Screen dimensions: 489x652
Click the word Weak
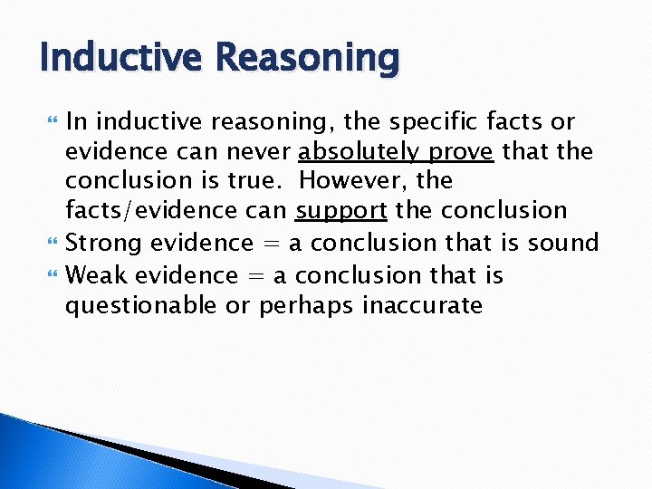(95, 274)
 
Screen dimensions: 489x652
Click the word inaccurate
(422, 305)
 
